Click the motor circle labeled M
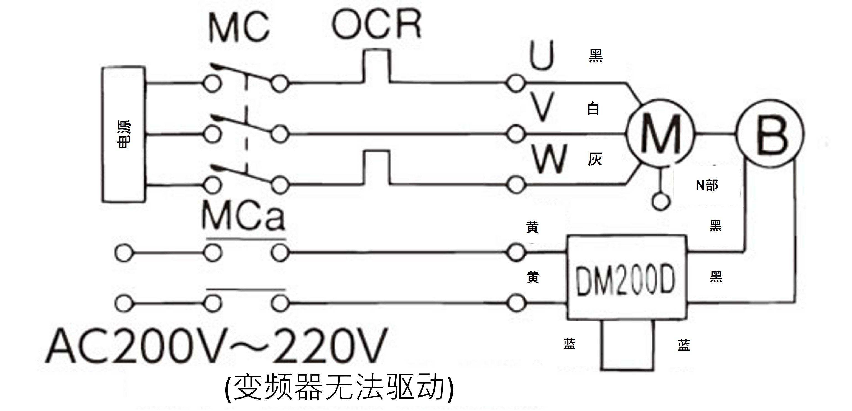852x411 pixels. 660,133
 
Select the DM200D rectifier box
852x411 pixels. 626,278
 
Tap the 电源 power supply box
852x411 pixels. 124,134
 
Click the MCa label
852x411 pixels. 243,216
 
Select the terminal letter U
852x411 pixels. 541,55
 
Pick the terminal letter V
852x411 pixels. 542,106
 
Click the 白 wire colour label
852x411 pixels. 593,109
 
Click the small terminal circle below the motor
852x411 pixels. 661,201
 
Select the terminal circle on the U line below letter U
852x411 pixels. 515,83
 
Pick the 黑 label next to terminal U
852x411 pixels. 595,56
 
